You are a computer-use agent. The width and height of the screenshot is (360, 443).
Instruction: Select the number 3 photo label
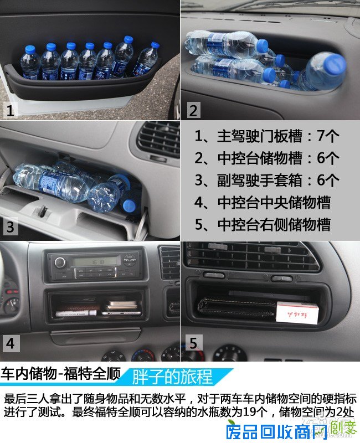pyautogui.click(x=11, y=227)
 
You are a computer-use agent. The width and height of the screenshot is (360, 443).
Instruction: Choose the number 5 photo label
pyautogui.click(x=192, y=343)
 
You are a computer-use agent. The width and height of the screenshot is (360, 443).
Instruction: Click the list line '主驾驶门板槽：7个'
pyautogui.click(x=268, y=136)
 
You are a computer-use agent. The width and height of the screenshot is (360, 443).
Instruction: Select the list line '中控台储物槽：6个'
pyautogui.click(x=268, y=158)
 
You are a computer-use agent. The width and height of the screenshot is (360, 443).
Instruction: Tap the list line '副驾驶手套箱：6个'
pyautogui.click(x=268, y=180)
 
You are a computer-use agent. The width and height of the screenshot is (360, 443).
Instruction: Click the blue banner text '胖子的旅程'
pyautogui.click(x=172, y=377)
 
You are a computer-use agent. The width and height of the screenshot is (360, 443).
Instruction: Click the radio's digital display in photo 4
pyautogui.click(x=96, y=261)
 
